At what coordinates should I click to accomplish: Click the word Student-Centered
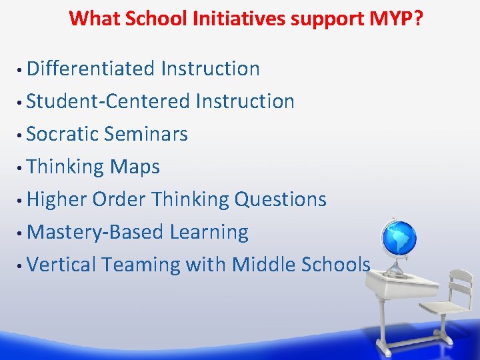pyautogui.click(x=109, y=101)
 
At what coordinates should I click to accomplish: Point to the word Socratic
pyautogui.click(x=63, y=134)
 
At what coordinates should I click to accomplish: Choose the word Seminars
pyautogui.click(x=146, y=134)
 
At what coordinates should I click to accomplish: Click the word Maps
pyautogui.click(x=135, y=167)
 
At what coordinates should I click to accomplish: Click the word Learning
pyautogui.click(x=209, y=232)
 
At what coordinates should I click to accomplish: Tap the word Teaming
pyautogui.click(x=141, y=265)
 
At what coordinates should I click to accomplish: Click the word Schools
pyautogui.click(x=335, y=265)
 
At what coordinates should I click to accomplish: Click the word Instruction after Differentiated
pyautogui.click(x=210, y=69)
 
